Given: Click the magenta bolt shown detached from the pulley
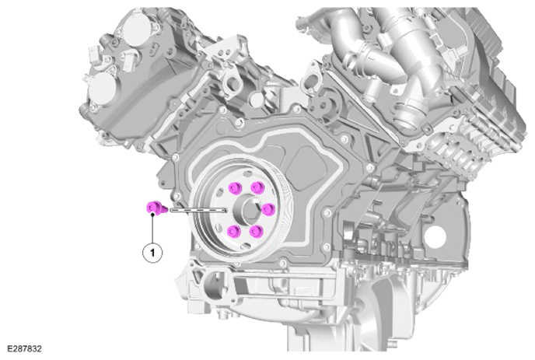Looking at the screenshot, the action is click(156, 208).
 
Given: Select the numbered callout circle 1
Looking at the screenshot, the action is click(152, 253).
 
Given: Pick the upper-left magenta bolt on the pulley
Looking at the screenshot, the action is click(235, 187).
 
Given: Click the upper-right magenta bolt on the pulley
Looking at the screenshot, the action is click(257, 187).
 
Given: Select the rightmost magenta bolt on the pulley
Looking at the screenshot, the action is click(268, 208).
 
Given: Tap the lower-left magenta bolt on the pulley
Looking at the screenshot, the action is click(234, 231).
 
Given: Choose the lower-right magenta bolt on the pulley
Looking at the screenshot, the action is click(257, 231).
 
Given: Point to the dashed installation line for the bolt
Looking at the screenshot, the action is click(198, 209).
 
